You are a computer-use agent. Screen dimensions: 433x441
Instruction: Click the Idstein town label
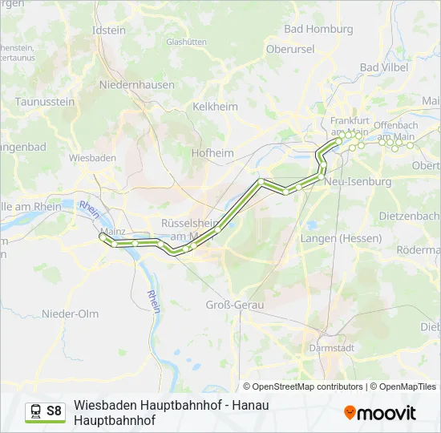click(110, 30)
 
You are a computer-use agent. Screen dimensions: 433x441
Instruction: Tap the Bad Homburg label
click(318, 29)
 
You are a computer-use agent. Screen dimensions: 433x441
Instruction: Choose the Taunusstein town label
click(45, 102)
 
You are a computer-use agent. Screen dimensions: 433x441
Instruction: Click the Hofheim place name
click(212, 152)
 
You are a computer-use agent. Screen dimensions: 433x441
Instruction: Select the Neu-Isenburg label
click(358, 182)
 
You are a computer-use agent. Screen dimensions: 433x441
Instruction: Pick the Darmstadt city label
click(331, 348)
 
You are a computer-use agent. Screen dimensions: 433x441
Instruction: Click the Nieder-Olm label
click(70, 314)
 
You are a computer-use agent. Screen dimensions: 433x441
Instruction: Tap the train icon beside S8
click(35, 411)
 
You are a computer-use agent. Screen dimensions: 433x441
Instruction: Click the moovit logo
click(380, 412)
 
